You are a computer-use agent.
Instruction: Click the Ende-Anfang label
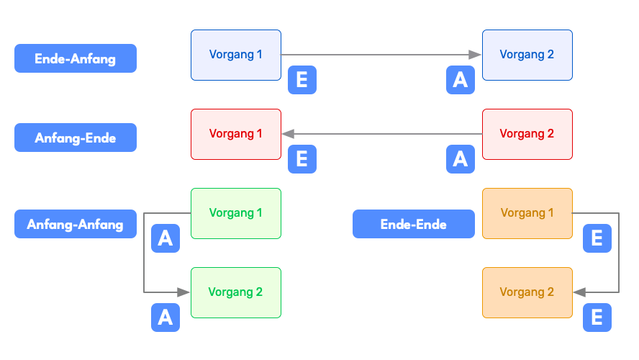pos(76,58)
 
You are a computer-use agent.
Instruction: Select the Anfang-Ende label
pos(76,138)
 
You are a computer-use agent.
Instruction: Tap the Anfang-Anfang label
pos(76,224)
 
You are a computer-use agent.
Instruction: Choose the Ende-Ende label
pos(413,224)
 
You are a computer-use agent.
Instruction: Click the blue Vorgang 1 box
pos(236,55)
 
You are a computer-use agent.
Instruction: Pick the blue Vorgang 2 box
pos(527,55)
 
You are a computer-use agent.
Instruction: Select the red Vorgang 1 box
pos(236,134)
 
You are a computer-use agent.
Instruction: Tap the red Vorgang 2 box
pos(527,134)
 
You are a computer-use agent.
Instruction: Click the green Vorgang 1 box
pos(236,213)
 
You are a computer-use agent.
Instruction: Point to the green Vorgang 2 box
pos(236,292)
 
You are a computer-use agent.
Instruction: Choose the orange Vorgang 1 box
pos(527,213)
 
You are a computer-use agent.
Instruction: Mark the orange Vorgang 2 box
pos(527,292)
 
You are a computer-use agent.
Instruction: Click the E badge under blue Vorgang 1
pos(302,80)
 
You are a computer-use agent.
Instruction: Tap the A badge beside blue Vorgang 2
pos(461,80)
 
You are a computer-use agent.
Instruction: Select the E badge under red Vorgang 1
pos(302,159)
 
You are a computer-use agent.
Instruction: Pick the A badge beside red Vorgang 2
pos(461,159)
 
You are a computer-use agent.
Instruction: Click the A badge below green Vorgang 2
pos(166,318)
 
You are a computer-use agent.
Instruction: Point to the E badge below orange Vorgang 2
pos(597,318)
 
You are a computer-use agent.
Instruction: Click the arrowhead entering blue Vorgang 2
pos(475,55)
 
